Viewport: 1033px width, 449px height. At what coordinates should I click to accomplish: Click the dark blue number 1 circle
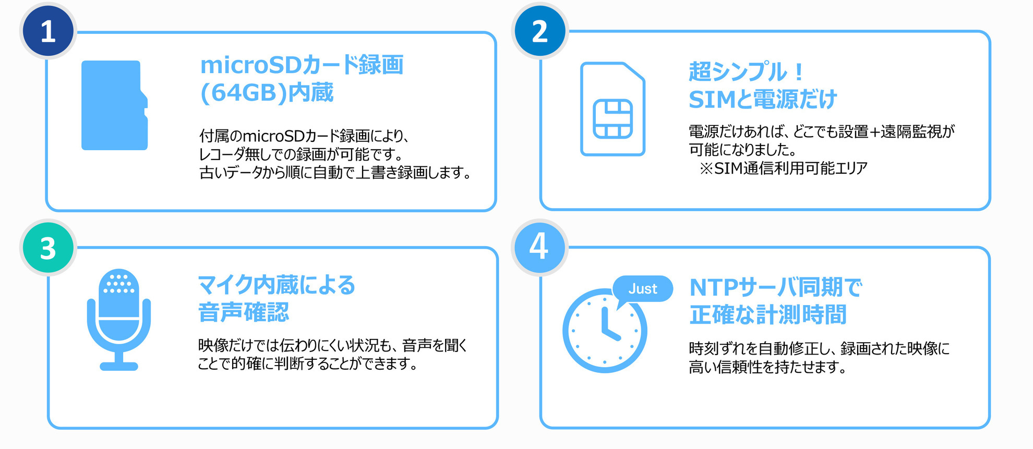pyautogui.click(x=48, y=31)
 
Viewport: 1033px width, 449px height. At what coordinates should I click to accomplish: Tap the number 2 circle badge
pyautogui.click(x=540, y=31)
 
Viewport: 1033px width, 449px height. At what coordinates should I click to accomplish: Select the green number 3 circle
pyautogui.click(x=48, y=248)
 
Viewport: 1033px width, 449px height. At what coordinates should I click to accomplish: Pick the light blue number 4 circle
pyautogui.click(x=539, y=247)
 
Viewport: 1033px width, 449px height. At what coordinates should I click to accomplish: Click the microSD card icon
pyautogui.click(x=114, y=105)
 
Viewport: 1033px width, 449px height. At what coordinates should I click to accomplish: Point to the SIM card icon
pyautogui.click(x=612, y=108)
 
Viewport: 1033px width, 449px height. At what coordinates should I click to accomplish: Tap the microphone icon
pyautogui.click(x=119, y=320)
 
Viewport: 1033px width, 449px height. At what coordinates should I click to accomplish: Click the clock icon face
pyautogui.click(x=605, y=331)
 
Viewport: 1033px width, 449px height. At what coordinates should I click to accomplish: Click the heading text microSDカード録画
pyautogui.click(x=302, y=65)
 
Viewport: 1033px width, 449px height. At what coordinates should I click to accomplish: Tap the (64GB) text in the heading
pyautogui.click(x=244, y=93)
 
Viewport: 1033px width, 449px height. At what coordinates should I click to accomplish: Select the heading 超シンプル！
pyautogui.click(x=746, y=71)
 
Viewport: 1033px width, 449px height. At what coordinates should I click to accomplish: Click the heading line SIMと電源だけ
pyautogui.click(x=763, y=99)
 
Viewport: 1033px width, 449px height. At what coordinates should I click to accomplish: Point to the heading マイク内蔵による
pyautogui.click(x=277, y=285)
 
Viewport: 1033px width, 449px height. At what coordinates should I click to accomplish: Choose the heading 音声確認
pyautogui.click(x=244, y=312)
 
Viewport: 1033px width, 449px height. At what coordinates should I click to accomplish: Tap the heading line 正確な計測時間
pyautogui.click(x=768, y=315)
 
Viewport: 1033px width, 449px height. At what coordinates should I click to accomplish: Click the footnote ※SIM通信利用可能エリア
pyautogui.click(x=784, y=168)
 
